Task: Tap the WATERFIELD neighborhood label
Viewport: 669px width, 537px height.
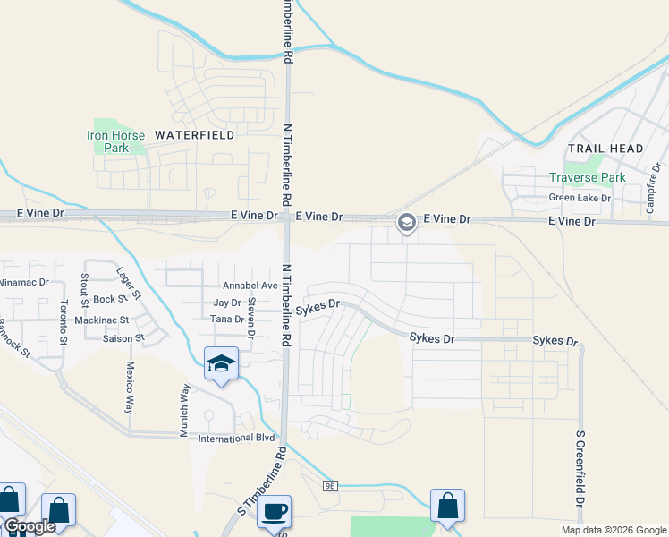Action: tap(194, 135)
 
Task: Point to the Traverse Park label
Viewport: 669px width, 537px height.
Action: tap(588, 178)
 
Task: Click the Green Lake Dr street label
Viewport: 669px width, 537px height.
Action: tap(580, 198)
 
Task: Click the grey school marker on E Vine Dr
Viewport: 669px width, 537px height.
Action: tap(406, 222)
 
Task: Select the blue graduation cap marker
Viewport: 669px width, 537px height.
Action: tap(221, 363)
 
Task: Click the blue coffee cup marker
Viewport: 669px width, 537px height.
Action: tap(275, 512)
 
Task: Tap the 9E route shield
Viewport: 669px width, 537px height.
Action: tap(330, 485)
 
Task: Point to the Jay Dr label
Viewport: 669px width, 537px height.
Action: tap(227, 303)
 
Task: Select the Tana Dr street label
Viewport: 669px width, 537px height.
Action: tap(227, 319)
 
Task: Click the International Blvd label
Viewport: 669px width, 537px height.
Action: tap(236, 438)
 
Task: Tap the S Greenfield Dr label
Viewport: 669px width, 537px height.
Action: tap(580, 481)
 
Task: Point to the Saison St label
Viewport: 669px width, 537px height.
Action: tap(123, 338)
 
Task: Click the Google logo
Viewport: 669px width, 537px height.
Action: tap(30, 526)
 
